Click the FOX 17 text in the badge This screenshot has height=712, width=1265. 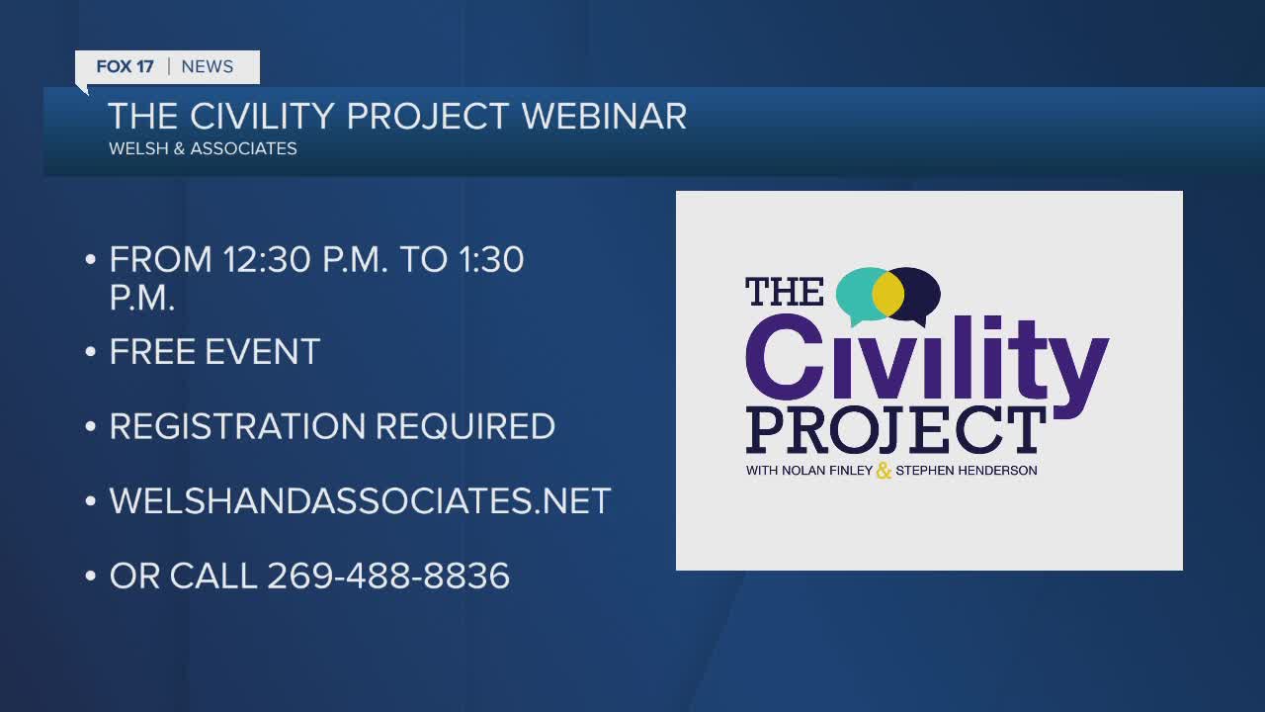coord(125,66)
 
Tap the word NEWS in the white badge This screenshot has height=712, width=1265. coord(208,66)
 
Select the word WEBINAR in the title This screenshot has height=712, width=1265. coord(604,117)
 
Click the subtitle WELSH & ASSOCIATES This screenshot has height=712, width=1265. coord(203,148)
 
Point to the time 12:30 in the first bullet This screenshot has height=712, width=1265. coord(267,260)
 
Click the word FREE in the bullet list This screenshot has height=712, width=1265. coord(152,351)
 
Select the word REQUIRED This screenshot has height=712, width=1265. coord(465,426)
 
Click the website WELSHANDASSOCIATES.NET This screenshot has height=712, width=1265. coord(360,500)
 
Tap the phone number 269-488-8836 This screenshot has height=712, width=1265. coord(388,576)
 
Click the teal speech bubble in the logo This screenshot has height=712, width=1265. coord(855,294)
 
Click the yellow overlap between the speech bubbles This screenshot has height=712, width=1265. coord(888,294)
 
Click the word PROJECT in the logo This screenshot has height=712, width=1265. coord(895,430)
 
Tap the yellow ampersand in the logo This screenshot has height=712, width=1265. coord(884,470)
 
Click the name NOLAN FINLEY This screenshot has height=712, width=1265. coord(827,470)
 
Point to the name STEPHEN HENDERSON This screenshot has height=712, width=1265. coord(967,470)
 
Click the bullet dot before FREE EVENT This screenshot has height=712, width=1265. coord(90,352)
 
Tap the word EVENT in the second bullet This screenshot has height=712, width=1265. coord(263,351)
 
